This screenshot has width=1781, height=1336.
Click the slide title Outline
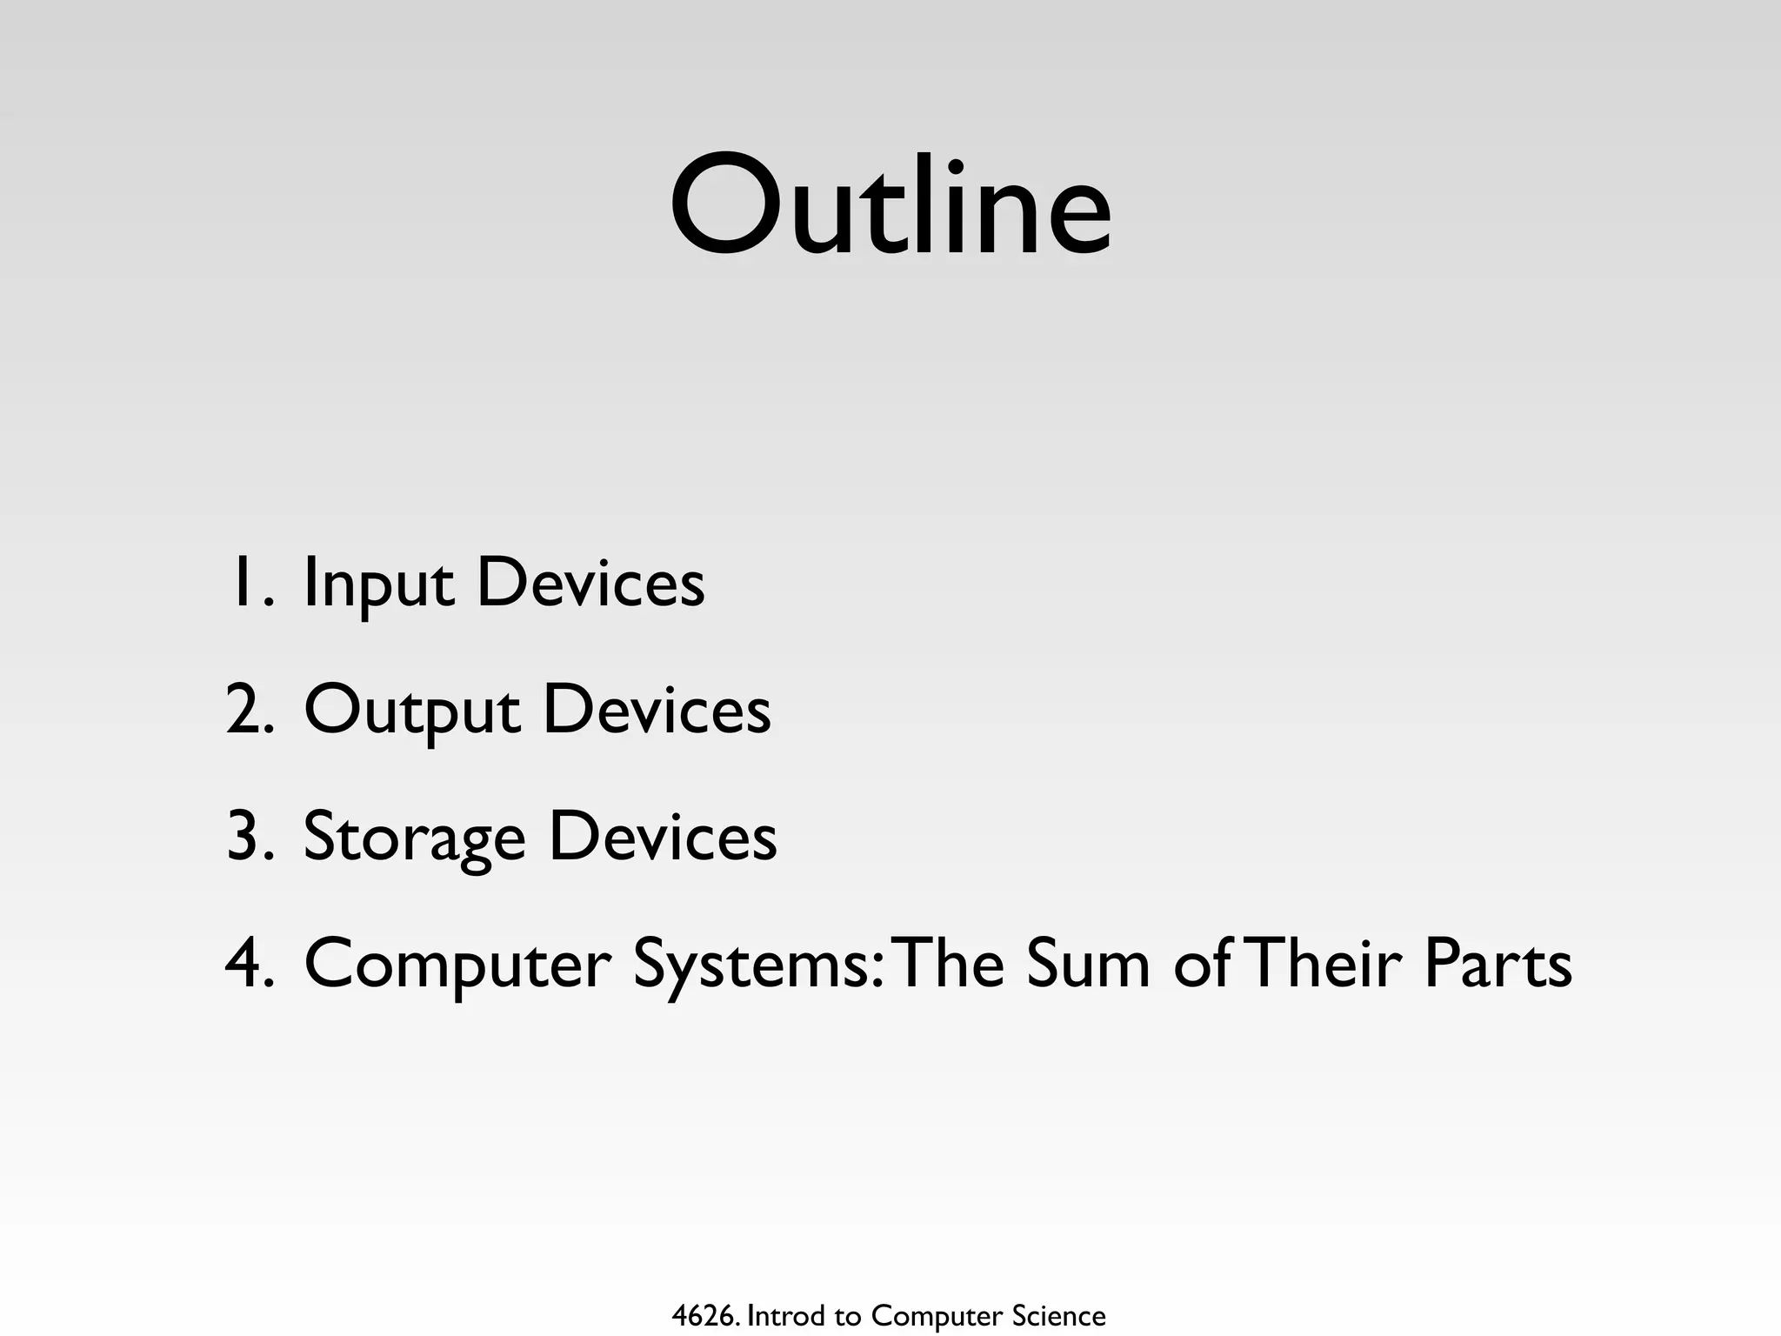[x=890, y=207]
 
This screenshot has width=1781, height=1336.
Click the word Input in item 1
[x=377, y=584]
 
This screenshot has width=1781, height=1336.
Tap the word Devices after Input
[x=590, y=583]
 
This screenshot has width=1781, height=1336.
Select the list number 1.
[x=251, y=583]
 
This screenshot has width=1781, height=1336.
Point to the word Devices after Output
[x=657, y=710]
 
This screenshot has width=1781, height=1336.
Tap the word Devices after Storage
[x=663, y=837]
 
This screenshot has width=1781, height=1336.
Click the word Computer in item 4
[x=457, y=965]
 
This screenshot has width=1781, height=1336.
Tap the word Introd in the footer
[x=786, y=1316]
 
